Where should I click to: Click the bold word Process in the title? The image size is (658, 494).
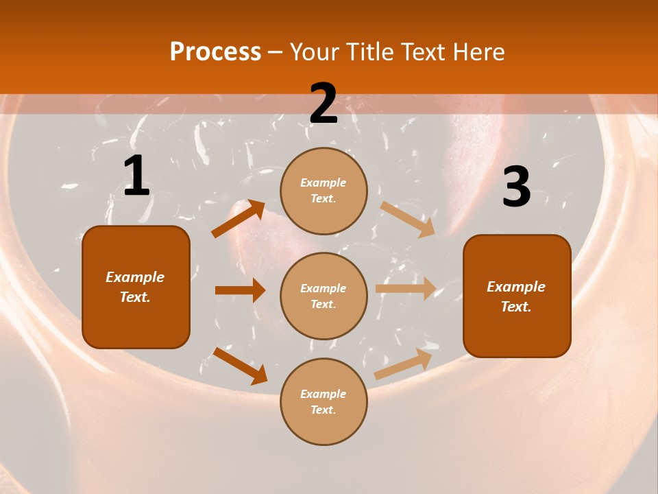tap(215, 52)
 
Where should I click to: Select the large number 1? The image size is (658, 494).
tap(136, 176)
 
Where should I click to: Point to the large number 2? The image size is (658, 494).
tap(324, 104)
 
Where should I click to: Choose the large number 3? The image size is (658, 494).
tap(516, 187)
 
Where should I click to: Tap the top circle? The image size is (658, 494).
tap(324, 191)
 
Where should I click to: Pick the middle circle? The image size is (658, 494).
tap(324, 296)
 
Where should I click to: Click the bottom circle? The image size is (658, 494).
tap(324, 401)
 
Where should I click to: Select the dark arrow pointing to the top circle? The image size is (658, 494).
tap(239, 219)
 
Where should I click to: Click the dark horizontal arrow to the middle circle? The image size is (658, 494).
tap(240, 290)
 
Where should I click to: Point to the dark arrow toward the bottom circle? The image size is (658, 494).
tap(240, 366)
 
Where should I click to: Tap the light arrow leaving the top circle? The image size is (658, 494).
tap(407, 219)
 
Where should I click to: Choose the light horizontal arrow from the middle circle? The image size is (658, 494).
tap(406, 288)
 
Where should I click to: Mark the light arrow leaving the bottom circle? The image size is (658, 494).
tap(403, 364)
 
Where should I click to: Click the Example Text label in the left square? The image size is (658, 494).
tap(136, 287)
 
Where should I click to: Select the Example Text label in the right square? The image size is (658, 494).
tap(516, 296)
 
